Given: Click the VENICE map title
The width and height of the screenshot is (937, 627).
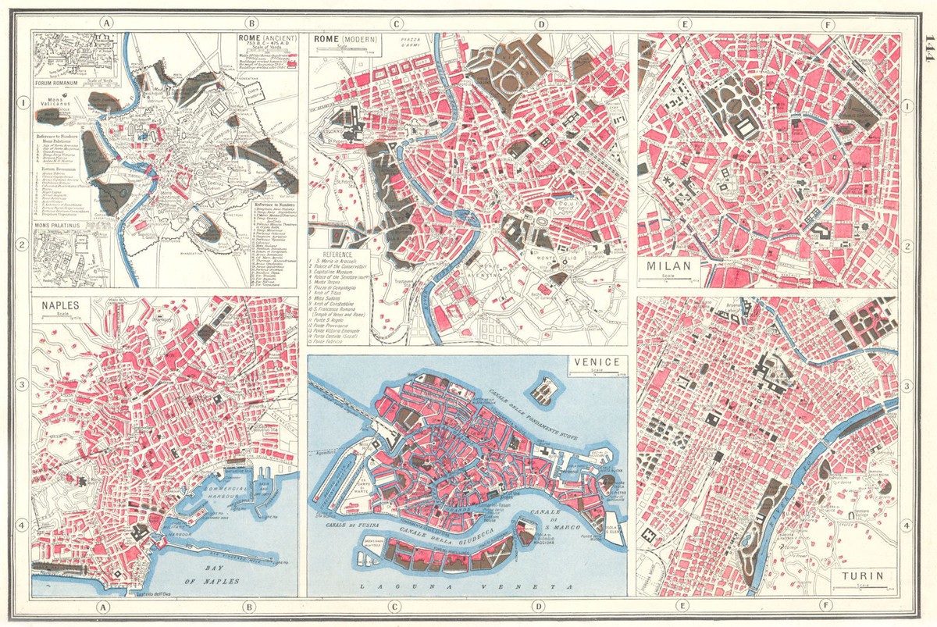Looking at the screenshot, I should (x=596, y=362).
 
